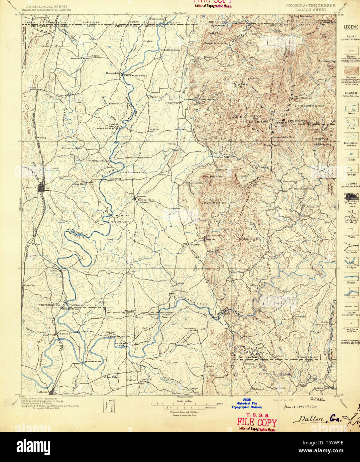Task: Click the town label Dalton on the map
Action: pos(31,187)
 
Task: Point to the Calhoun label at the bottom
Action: pos(42,391)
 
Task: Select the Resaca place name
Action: pos(64,333)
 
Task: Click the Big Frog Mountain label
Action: pos(300,16)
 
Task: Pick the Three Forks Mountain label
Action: pos(309,106)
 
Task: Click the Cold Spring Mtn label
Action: pos(249,239)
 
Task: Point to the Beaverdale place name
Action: pos(112,73)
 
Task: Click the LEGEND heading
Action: pos(351,27)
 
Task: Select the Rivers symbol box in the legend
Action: pos(351,107)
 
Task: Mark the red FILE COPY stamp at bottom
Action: pos(257,422)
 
